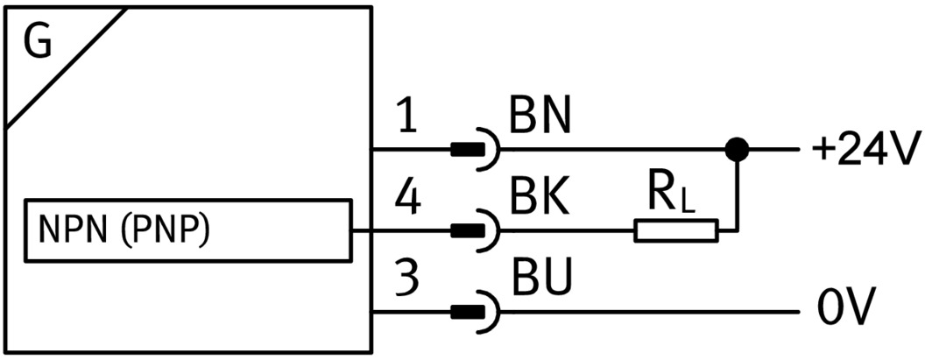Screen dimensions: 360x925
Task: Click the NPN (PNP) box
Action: pyautogui.click(x=189, y=230)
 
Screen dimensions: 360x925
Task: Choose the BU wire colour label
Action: pyautogui.click(x=540, y=281)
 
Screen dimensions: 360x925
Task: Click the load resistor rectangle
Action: pyautogui.click(x=675, y=231)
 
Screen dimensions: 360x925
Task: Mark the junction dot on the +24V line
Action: pyautogui.click(x=738, y=150)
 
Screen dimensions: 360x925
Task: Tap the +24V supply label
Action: pyautogui.click(x=863, y=151)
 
